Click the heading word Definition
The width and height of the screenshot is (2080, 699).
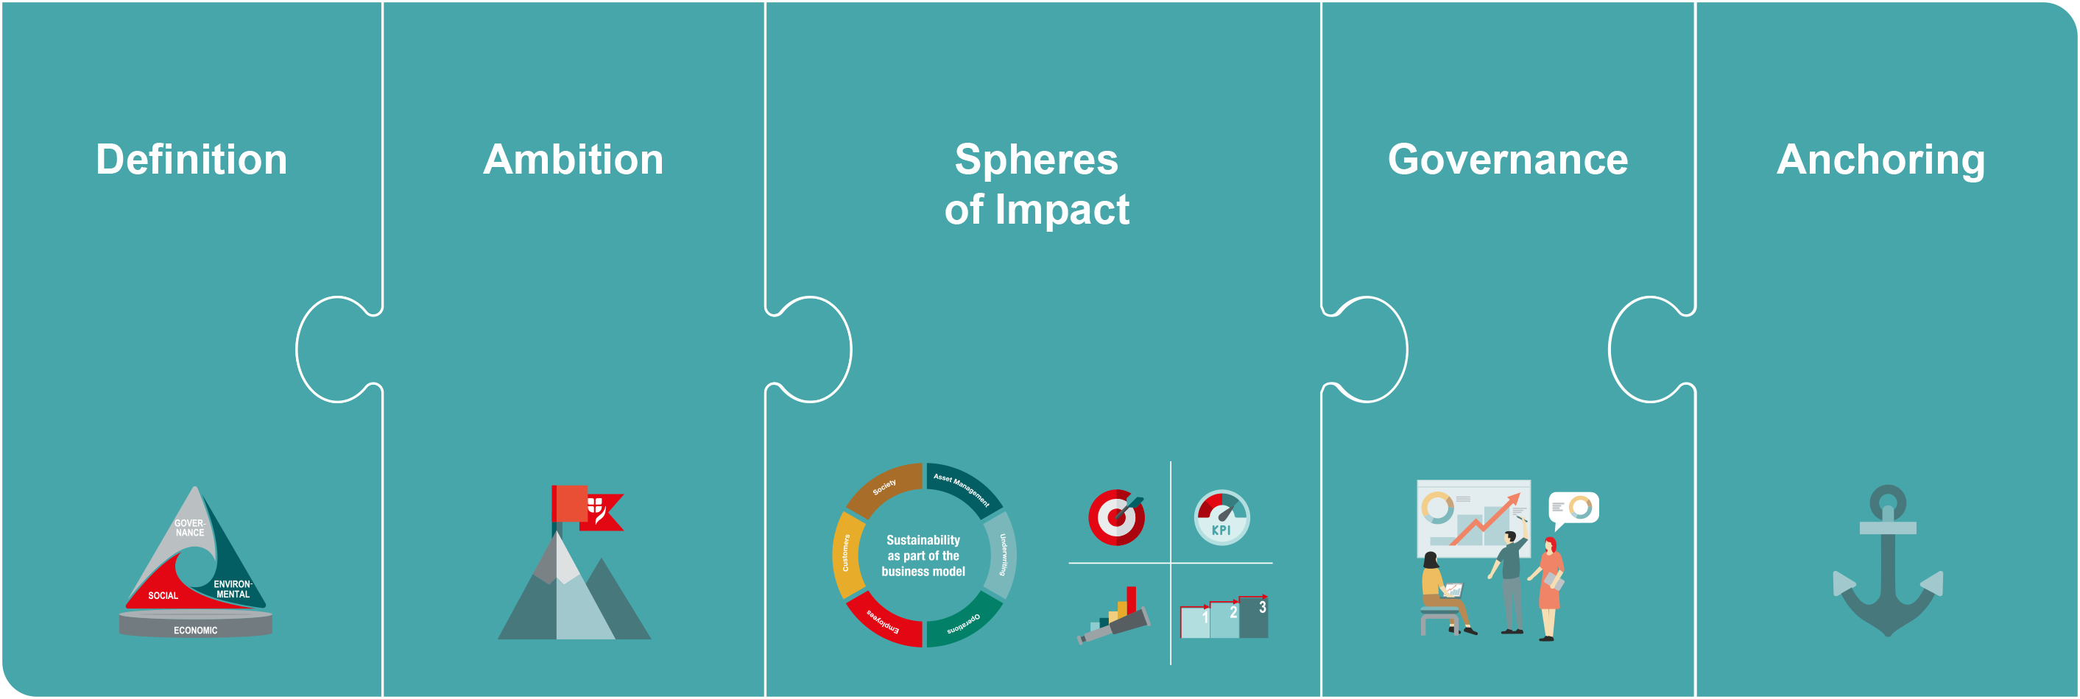tap(191, 159)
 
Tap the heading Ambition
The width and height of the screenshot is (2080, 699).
tap(574, 159)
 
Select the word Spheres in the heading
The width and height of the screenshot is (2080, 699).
tap(1037, 159)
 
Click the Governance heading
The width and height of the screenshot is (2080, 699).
tap(1507, 159)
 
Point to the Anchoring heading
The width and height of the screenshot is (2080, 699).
tap(1880, 160)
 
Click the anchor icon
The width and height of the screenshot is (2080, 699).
tap(1887, 560)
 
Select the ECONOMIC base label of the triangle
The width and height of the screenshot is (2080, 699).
tap(195, 631)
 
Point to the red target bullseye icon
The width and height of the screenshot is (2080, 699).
tap(1117, 517)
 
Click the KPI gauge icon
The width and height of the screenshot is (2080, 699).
tap(1221, 517)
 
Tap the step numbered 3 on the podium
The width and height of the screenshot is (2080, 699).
tap(1254, 617)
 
